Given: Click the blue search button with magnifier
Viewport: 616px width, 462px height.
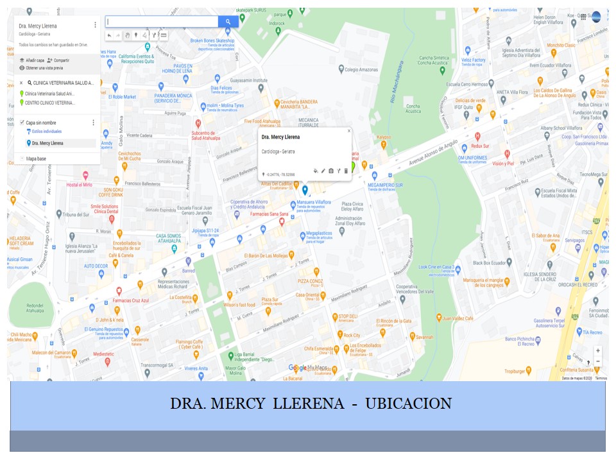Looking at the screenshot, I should point(228,22).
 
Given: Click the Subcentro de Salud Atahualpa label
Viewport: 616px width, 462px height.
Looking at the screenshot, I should point(206,135).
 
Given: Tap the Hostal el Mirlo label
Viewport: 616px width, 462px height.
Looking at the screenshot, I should point(80,184).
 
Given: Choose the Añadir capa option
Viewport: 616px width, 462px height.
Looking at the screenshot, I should point(35,60).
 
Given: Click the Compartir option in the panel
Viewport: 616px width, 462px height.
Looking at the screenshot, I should point(62,60).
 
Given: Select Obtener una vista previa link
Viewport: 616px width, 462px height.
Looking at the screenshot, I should point(44,67).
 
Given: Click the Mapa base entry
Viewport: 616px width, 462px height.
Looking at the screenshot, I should point(36,158).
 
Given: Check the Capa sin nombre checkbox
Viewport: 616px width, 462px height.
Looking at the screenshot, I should point(22,123).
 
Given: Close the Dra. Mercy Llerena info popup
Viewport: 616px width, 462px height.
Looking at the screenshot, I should point(349,131).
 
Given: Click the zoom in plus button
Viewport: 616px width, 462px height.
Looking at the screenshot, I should point(597,351).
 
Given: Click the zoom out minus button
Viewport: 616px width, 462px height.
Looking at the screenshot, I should point(597,361).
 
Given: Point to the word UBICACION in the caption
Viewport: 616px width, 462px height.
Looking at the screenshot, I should point(408,404).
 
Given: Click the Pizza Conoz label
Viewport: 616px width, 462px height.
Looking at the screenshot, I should point(310,281).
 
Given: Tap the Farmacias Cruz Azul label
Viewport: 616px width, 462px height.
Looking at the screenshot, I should point(131,300).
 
